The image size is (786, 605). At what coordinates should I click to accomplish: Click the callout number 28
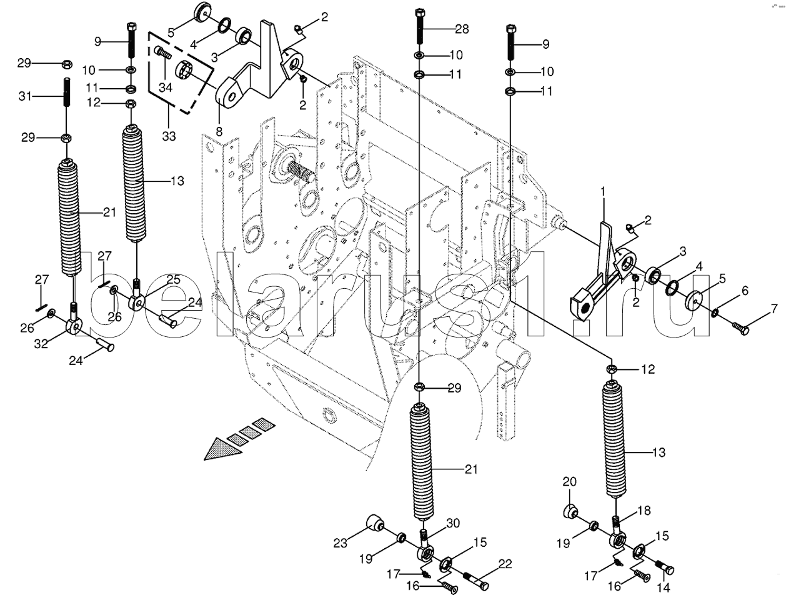tap(462, 29)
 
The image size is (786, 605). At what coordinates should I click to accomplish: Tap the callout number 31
tap(25, 96)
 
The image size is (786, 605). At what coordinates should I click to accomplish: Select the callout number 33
tap(169, 136)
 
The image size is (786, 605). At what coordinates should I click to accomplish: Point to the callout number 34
tap(166, 87)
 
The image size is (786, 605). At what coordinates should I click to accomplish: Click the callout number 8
tap(219, 131)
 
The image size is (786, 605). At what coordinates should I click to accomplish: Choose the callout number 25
tap(173, 279)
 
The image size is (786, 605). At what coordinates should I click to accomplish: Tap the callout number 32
tap(41, 343)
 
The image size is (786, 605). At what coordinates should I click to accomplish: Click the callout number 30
tap(452, 523)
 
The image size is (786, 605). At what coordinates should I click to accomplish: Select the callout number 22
tap(505, 564)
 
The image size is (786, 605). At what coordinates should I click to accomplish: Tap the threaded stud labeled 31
tap(67, 92)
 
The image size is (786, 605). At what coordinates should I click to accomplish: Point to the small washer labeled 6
tap(716, 312)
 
